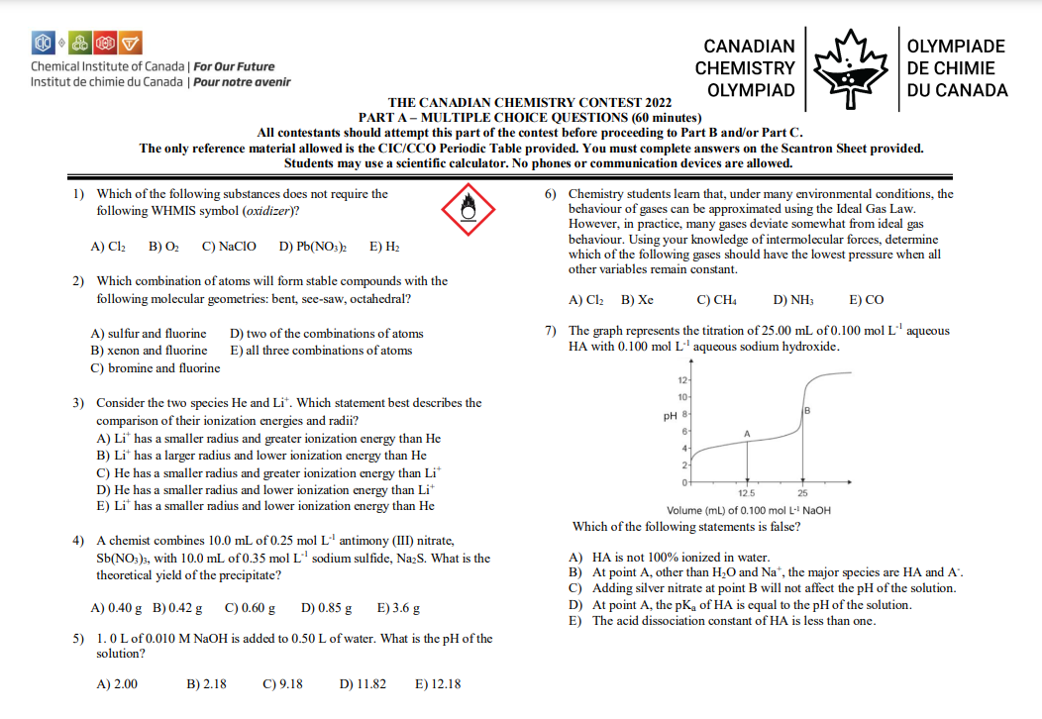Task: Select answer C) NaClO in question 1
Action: coord(229,246)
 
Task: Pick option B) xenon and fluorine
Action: coord(149,351)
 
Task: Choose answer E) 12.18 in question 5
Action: coord(438,684)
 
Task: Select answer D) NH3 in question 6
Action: coord(792,299)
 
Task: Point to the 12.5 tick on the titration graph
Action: coord(748,493)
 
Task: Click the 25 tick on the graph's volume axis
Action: coord(801,493)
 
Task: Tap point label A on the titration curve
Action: coord(748,434)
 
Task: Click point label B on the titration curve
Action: coord(807,410)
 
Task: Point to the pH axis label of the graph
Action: coord(670,416)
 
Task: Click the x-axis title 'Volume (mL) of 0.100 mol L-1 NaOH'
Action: coord(749,510)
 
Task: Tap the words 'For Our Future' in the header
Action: coord(234,66)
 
